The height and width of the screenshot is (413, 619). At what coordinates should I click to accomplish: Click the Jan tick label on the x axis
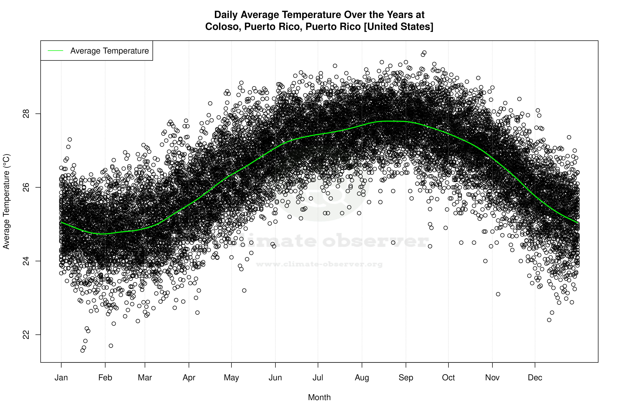tap(61, 377)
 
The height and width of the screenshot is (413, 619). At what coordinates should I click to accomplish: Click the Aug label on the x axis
tap(362, 377)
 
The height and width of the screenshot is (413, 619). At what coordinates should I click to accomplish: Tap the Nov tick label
tap(492, 377)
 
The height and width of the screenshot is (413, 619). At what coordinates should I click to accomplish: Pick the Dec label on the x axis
tap(535, 377)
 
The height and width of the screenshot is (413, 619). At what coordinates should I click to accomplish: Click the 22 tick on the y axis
tap(26, 335)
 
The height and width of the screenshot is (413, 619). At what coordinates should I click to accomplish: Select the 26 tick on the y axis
tap(26, 187)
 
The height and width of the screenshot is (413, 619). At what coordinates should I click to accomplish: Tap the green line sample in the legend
tap(55, 51)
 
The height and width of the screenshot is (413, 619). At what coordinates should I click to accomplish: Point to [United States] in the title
tap(398, 27)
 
